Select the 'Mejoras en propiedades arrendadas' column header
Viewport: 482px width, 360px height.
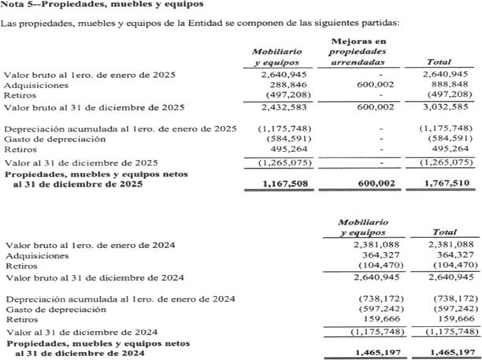coord(358,50)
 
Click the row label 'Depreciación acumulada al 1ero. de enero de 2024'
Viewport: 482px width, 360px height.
coord(119,299)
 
